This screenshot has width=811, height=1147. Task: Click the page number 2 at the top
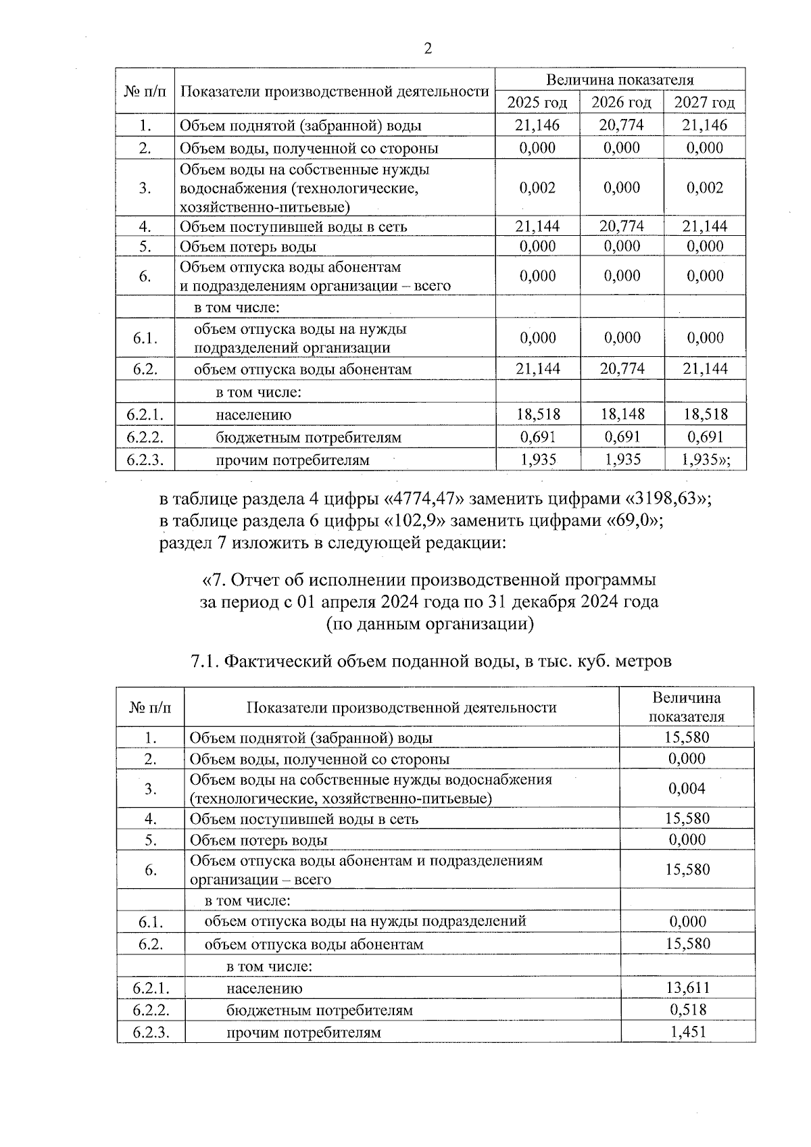pyautogui.click(x=426, y=49)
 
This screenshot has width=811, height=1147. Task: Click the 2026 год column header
pyautogui.click(x=621, y=103)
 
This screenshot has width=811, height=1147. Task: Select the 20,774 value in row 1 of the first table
pyautogui.click(x=621, y=125)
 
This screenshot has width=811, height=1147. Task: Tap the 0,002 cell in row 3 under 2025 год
pyautogui.click(x=537, y=188)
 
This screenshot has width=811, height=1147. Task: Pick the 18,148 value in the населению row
pyautogui.click(x=621, y=414)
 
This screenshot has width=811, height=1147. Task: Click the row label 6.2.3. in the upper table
pyautogui.click(x=145, y=460)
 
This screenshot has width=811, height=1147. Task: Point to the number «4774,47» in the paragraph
pyautogui.click(x=424, y=499)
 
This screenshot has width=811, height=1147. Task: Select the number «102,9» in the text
pyautogui.click(x=417, y=521)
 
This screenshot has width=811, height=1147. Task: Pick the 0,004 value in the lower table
pyautogui.click(x=687, y=789)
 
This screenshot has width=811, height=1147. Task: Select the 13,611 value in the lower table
pyautogui.click(x=687, y=988)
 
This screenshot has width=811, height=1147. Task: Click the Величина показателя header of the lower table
pyautogui.click(x=686, y=707)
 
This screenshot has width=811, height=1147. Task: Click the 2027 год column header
pyautogui.click(x=704, y=103)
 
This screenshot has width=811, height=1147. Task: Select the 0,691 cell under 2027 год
pyautogui.click(x=705, y=437)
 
